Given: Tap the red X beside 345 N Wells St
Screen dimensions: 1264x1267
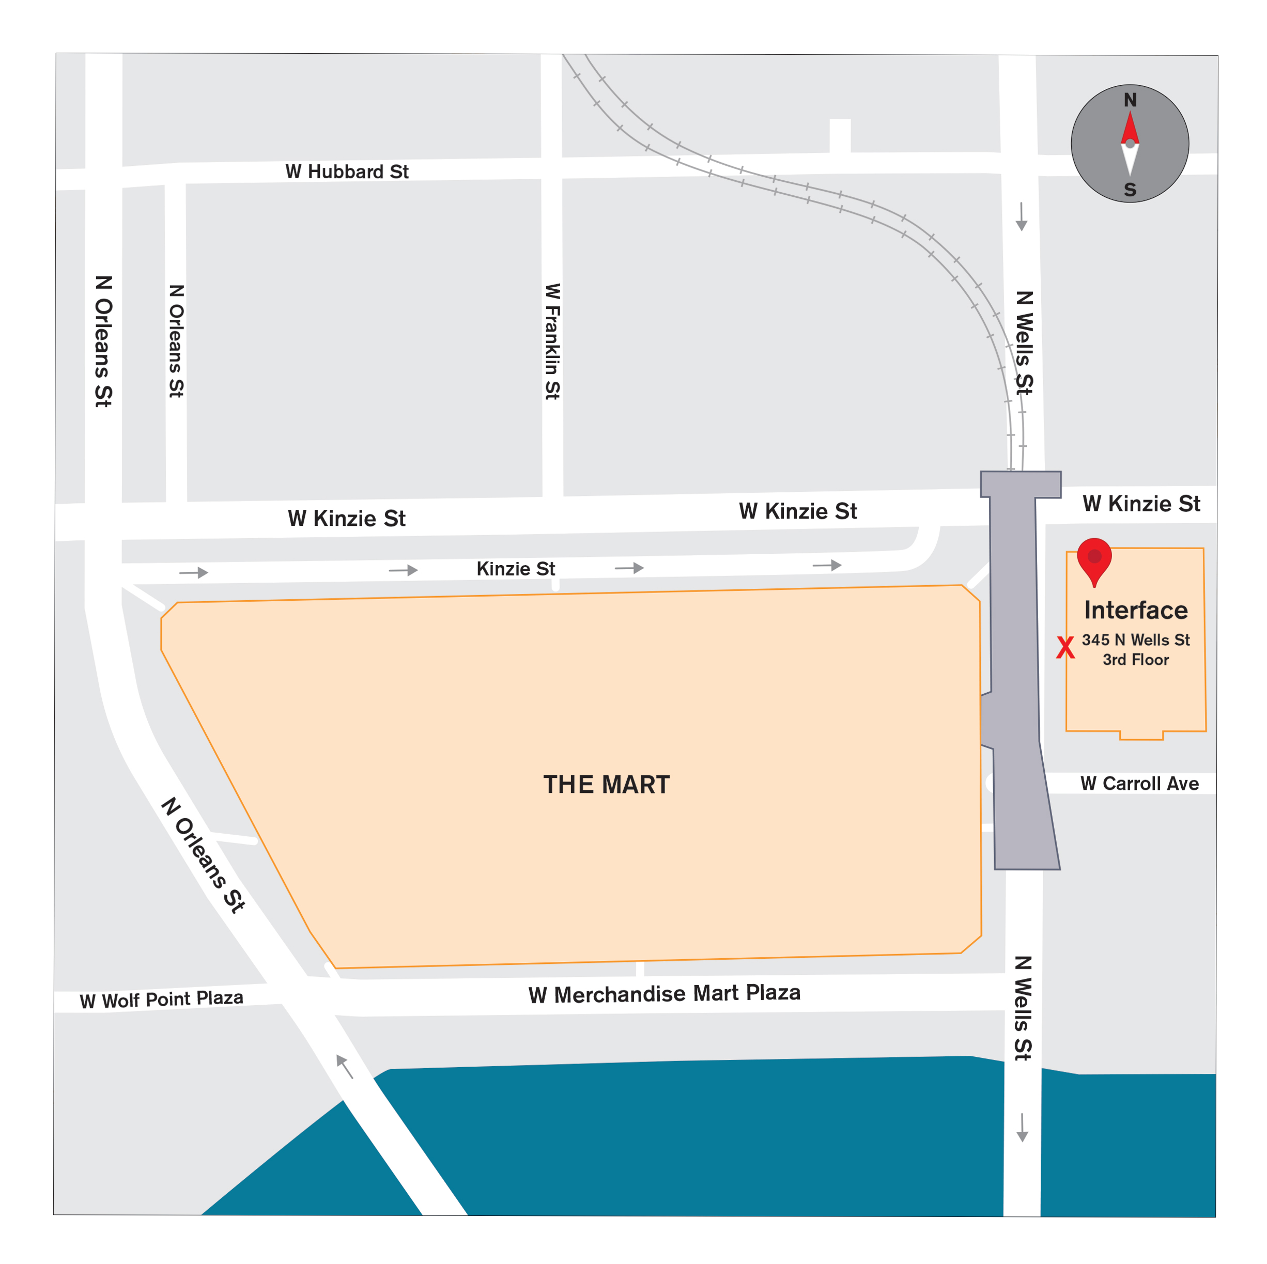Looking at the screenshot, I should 1065,648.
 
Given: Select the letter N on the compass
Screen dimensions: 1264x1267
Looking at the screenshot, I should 1130,100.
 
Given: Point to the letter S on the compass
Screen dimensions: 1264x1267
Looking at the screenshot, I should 1130,190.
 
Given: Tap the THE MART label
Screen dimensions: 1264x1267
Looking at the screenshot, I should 607,785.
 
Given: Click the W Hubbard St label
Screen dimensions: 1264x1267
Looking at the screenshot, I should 347,172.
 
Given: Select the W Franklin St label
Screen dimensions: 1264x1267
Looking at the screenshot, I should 553,341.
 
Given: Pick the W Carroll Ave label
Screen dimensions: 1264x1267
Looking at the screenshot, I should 1140,784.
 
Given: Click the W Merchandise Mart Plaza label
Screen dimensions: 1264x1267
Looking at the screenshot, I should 665,994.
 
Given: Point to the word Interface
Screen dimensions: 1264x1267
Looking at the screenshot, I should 1136,611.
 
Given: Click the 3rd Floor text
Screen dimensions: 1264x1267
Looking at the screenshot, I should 1136,660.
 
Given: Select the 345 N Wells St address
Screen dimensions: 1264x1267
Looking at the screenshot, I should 1136,640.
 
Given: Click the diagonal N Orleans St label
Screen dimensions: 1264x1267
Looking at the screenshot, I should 203,855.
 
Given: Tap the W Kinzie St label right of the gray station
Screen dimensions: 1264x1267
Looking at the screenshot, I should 1141,504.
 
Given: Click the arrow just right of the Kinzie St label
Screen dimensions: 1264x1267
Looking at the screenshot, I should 629,568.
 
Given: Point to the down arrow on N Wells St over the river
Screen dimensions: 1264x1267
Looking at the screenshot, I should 1022,1128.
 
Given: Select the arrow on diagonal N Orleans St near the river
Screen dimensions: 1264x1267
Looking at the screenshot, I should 344,1067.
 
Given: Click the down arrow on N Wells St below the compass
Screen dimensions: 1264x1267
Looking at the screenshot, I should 1021,217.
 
